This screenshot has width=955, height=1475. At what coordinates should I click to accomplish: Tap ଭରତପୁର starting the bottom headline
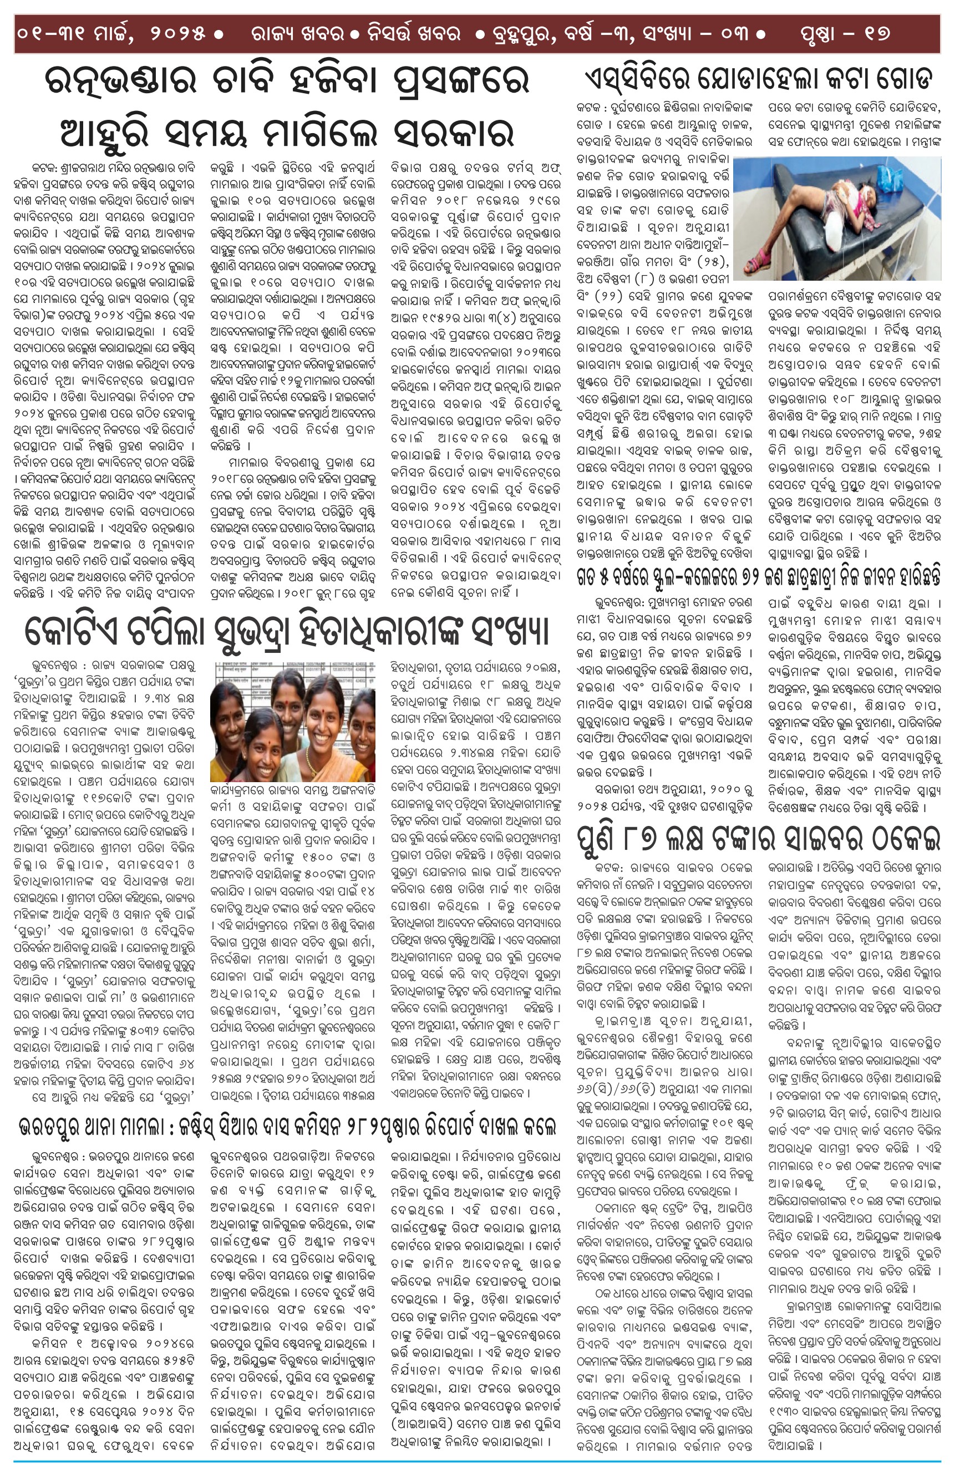56,1126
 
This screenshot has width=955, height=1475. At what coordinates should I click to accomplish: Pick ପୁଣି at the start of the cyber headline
597,838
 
